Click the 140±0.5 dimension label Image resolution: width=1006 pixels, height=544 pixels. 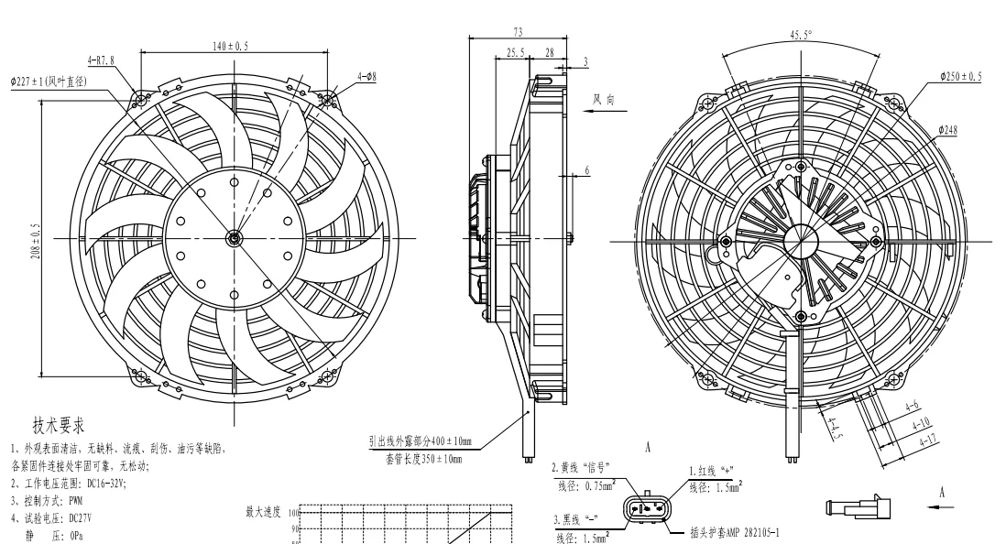tap(232, 45)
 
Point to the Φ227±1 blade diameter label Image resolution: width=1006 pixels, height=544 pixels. tap(48, 82)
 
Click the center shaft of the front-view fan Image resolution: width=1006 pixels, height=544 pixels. tap(234, 238)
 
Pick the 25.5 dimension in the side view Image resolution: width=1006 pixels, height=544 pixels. tap(516, 53)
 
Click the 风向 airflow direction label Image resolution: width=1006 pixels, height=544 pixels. tap(604, 98)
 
